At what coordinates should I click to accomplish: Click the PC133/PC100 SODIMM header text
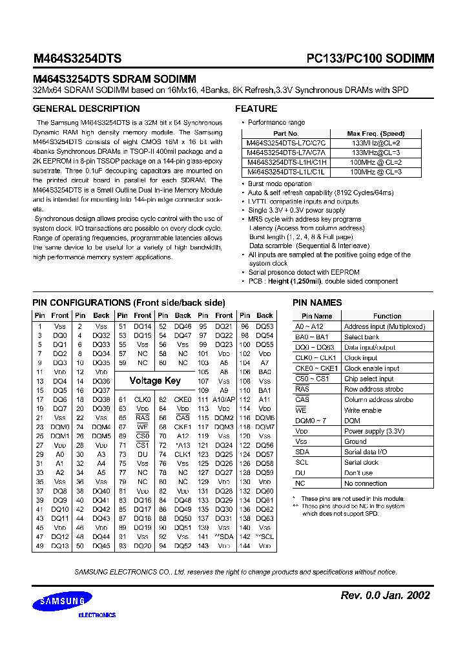point(370,58)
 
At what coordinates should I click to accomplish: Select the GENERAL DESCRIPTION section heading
point(86,109)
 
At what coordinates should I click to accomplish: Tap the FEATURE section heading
point(256,109)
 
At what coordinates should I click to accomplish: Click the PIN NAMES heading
point(317,302)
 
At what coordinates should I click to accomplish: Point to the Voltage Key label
point(155,381)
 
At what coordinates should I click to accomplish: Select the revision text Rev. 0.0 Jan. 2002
point(385,595)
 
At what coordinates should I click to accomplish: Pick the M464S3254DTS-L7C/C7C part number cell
point(286,143)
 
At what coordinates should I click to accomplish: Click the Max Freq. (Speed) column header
point(376,133)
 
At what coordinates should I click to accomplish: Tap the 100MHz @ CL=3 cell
point(376,173)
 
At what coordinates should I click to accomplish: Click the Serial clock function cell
point(361,462)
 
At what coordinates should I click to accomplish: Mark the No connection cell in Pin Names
point(366,483)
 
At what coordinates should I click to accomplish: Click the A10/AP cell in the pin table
point(224,399)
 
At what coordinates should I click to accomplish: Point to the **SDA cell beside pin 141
point(224,536)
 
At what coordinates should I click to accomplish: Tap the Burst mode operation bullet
point(280,184)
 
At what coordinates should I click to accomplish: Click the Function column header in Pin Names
point(387,316)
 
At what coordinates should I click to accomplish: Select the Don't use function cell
point(358,473)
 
